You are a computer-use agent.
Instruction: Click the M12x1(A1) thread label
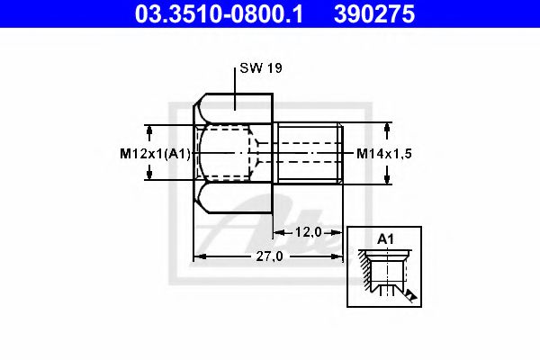(x=155, y=154)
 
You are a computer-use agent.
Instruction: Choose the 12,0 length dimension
(x=309, y=232)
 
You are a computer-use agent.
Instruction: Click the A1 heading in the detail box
(x=385, y=239)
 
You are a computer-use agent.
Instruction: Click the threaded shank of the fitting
(x=308, y=153)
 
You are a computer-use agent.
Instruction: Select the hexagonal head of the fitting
(x=233, y=153)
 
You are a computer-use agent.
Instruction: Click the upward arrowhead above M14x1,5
(x=387, y=128)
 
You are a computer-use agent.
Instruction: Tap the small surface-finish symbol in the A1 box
(x=409, y=293)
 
